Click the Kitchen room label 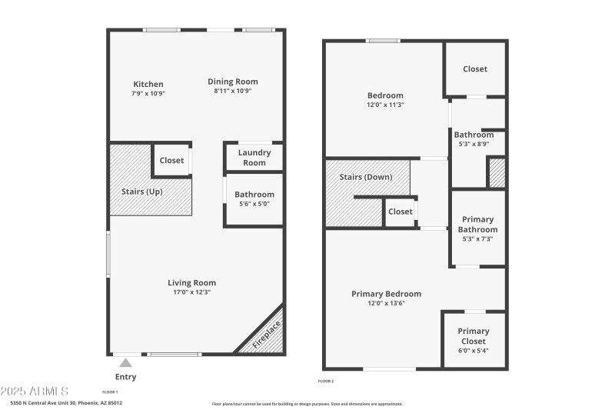pos(148,85)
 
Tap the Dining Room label pos(233,82)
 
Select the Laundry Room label pos(254,158)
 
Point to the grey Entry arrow pos(125,362)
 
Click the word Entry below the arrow pos(125,377)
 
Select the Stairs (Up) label pos(141,192)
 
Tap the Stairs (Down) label pos(366,177)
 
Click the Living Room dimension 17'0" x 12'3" pos(191,292)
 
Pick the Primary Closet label pos(474,336)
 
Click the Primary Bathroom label pos(477,225)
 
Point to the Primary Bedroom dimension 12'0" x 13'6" pos(386,303)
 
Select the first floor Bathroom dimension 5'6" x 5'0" pos(254,204)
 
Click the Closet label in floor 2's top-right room pos(474,69)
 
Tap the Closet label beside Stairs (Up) pos(171,161)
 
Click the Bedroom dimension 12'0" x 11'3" pos(386,105)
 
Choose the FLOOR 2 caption pos(326,381)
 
